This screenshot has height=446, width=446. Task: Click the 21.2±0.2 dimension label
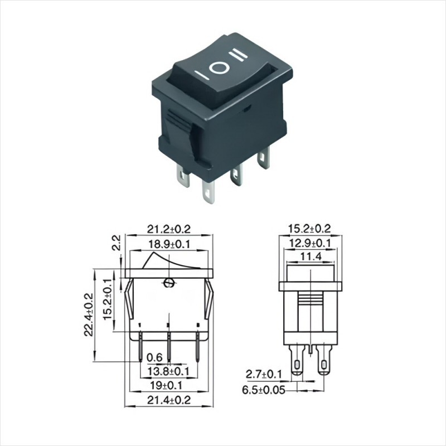click(168, 229)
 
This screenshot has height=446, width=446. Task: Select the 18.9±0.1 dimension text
click(168, 244)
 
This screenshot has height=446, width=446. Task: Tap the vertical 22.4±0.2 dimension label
click(88, 315)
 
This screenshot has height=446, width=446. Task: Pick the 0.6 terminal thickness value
click(154, 357)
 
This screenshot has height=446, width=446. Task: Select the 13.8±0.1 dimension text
click(168, 371)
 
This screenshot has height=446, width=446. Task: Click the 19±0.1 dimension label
click(168, 385)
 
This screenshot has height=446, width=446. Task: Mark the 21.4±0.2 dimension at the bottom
click(168, 400)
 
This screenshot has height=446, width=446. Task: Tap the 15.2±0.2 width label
click(309, 229)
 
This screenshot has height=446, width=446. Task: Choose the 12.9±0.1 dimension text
click(309, 243)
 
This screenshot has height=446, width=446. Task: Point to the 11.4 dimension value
click(309, 256)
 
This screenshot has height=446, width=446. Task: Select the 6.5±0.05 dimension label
click(264, 390)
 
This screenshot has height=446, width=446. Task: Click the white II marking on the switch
click(239, 55)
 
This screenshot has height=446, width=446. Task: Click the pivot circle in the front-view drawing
click(167, 283)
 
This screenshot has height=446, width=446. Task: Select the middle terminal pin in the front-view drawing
click(168, 345)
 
